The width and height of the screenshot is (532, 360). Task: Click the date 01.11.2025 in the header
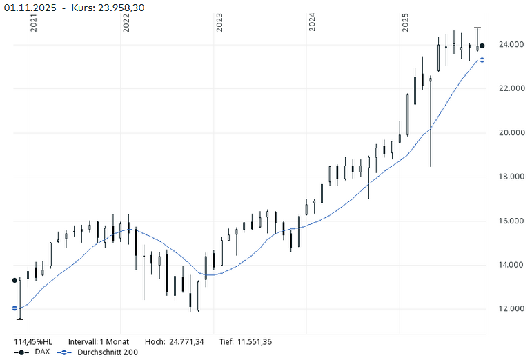pyautogui.click(x=30, y=7)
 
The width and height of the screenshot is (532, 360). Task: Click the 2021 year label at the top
pyautogui.click(x=34, y=23)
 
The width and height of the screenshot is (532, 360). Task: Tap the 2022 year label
pyautogui.click(x=126, y=23)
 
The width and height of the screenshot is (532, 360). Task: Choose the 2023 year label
pyautogui.click(x=219, y=23)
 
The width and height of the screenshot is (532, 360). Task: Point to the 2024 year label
pyautogui.click(x=313, y=23)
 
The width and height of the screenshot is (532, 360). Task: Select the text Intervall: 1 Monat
pyautogui.click(x=99, y=341)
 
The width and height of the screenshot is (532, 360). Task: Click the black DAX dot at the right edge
pyautogui.click(x=482, y=46)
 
